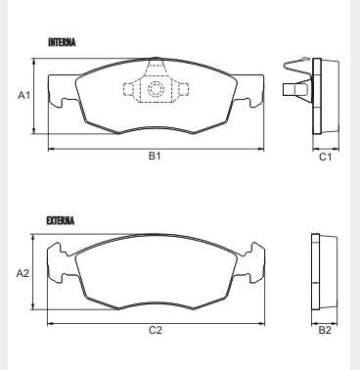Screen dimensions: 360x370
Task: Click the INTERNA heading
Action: tap(62, 42)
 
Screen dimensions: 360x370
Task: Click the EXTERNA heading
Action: tap(61, 220)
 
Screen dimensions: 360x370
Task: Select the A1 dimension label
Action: tap(23, 95)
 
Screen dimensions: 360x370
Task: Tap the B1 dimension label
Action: tap(155, 156)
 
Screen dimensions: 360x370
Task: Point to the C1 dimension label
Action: tap(325, 157)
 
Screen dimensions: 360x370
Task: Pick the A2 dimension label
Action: tap(22, 273)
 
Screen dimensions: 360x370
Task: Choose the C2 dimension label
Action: tap(156, 330)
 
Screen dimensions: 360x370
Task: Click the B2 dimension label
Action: tap(325, 330)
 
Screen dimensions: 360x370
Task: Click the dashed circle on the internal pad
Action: tap(156, 89)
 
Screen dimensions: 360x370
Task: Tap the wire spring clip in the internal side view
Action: tap(295, 67)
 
